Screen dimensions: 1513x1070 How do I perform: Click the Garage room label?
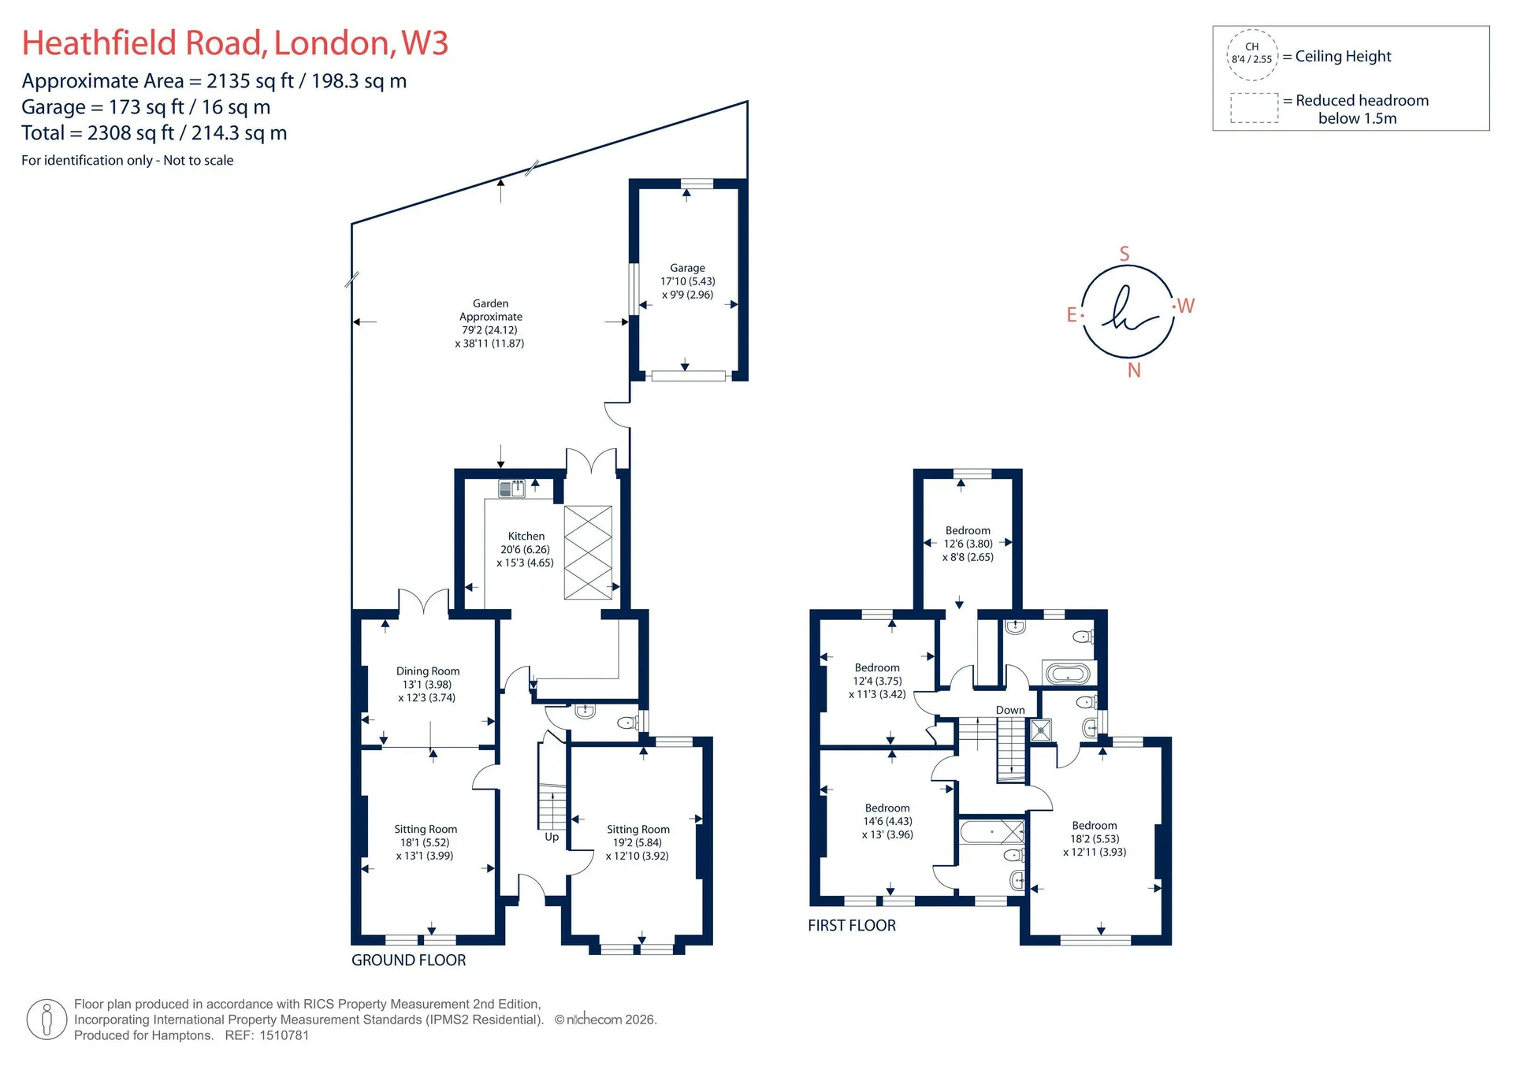tap(687, 268)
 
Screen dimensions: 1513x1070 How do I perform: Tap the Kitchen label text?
tap(526, 536)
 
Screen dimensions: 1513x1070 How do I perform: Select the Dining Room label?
tap(428, 671)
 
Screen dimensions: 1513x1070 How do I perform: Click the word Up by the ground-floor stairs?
tap(552, 837)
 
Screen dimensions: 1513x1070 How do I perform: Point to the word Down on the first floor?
tap(1010, 710)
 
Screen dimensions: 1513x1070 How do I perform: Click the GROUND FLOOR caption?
tap(408, 960)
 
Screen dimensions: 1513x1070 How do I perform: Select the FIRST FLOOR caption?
tap(852, 925)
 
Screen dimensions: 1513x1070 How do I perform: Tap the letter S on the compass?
tap(1125, 254)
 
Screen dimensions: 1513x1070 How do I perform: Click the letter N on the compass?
tap(1134, 370)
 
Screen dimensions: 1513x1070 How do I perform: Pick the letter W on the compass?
tap(1186, 306)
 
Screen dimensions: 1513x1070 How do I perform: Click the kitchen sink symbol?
tap(512, 489)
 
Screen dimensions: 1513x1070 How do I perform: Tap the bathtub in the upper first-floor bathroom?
tap(1067, 674)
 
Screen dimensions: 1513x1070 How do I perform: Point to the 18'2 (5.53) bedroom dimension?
tap(1095, 839)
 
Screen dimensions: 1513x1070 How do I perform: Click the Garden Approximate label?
tap(490, 310)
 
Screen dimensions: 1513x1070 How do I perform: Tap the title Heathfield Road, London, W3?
tap(235, 43)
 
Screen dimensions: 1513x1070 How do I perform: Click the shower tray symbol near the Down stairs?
tap(1041, 730)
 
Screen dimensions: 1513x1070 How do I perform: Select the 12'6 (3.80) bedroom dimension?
tap(968, 544)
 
